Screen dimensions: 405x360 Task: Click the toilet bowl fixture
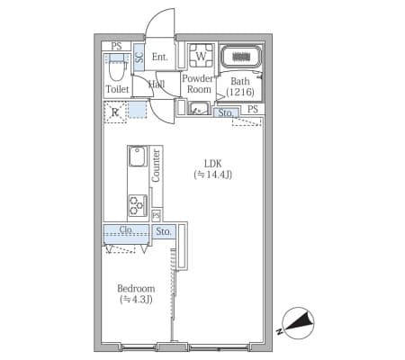[x=116, y=67]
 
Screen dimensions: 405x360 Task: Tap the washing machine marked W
[x=202, y=56]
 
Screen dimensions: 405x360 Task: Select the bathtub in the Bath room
[x=241, y=57]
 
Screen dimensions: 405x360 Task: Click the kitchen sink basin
[x=138, y=157]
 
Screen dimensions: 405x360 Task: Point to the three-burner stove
[x=138, y=205]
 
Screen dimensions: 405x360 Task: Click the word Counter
[x=156, y=166]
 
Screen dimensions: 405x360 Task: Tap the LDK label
[x=213, y=164]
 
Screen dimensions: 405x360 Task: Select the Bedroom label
[x=136, y=289]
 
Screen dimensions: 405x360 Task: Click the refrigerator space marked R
[x=115, y=112]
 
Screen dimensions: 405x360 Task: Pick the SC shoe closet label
[x=139, y=58]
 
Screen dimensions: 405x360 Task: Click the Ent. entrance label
[x=159, y=57]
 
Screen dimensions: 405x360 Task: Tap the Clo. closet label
[x=126, y=229]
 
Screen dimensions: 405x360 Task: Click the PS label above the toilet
[x=116, y=46]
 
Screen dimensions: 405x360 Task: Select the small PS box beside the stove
[x=156, y=215]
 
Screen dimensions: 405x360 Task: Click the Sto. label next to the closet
[x=164, y=231]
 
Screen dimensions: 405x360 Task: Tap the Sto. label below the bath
[x=225, y=112]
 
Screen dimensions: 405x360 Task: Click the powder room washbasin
[x=199, y=109]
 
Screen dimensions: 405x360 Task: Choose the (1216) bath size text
[x=240, y=92]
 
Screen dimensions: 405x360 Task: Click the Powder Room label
[x=198, y=84]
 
